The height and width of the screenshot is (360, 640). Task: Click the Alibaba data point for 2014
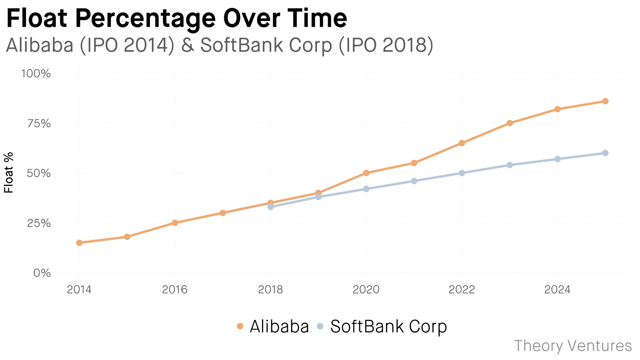[x=79, y=243]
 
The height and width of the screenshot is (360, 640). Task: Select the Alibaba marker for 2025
[x=605, y=101]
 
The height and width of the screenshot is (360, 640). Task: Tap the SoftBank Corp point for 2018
[x=270, y=207]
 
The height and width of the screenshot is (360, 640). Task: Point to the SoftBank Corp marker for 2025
[x=605, y=153]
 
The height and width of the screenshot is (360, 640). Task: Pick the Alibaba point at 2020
[x=366, y=173]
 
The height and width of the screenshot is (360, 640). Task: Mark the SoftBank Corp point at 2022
[x=462, y=173]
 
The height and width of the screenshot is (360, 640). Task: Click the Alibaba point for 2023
[x=510, y=123]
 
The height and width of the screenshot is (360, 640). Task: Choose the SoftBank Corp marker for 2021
[x=414, y=181]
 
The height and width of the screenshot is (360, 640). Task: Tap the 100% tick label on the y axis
[x=36, y=74]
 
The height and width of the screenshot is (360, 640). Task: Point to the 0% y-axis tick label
[x=42, y=273]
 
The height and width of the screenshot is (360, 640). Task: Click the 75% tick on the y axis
[x=39, y=124]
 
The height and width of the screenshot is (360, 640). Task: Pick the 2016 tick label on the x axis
[x=175, y=290]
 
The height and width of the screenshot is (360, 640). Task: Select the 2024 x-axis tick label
[x=557, y=290]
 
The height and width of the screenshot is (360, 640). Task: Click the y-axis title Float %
[x=9, y=173]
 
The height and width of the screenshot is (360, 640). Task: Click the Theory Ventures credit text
[x=573, y=346]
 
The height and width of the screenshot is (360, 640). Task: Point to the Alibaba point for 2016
[x=175, y=223]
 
